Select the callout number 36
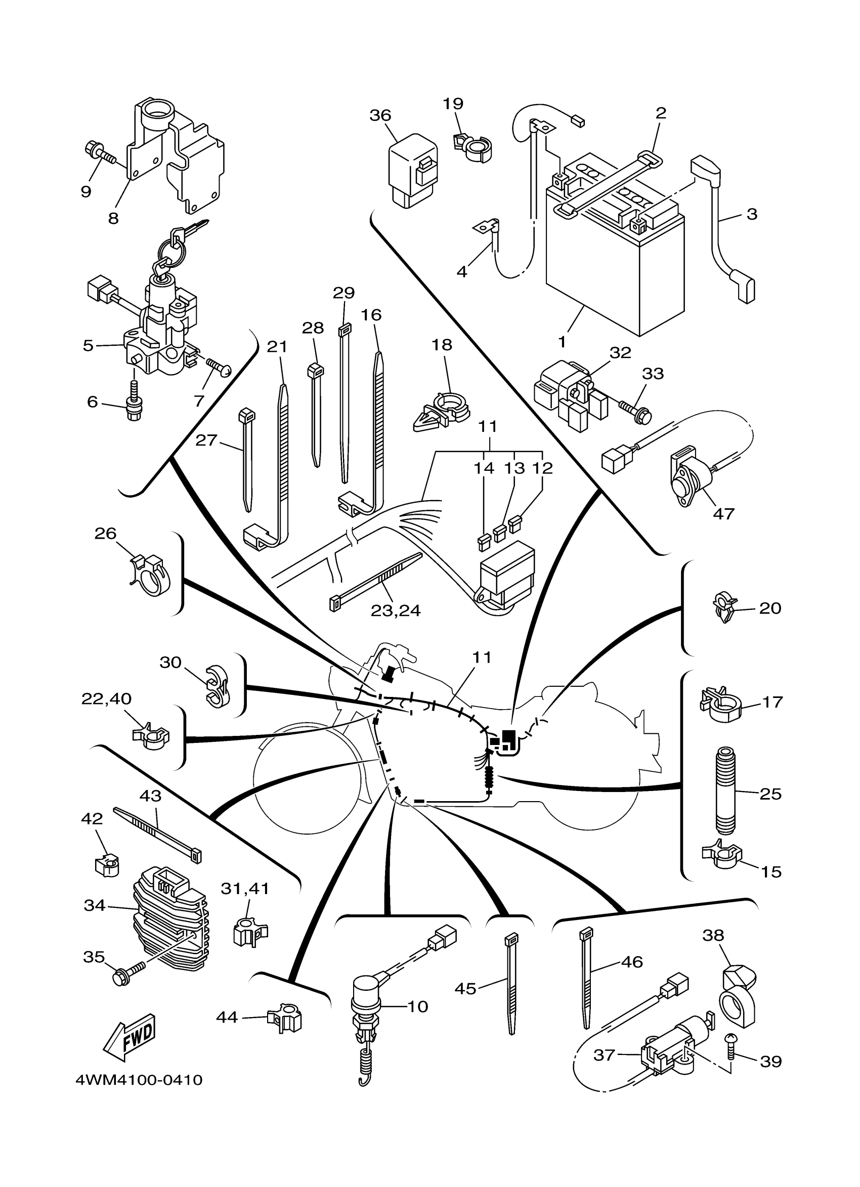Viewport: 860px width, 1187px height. pyautogui.click(x=380, y=115)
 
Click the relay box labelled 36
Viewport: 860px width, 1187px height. pyautogui.click(x=413, y=170)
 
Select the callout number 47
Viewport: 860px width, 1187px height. pyautogui.click(x=723, y=513)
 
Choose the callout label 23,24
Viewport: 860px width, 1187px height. pyautogui.click(x=395, y=610)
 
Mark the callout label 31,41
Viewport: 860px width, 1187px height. pyautogui.click(x=244, y=888)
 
